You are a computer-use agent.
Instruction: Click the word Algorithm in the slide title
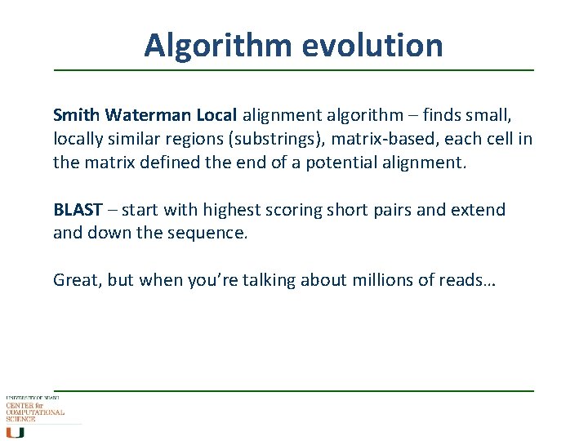(217, 45)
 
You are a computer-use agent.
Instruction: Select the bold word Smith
(74, 115)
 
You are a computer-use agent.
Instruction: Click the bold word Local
(216, 115)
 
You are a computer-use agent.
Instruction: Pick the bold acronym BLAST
(78, 210)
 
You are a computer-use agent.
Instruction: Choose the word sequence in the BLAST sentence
(212, 234)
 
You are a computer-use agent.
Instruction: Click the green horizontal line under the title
(294, 71)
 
